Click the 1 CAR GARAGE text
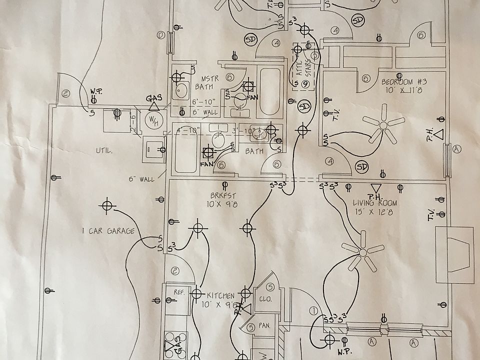coord(108,231)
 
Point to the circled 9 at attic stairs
coord(305,84)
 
